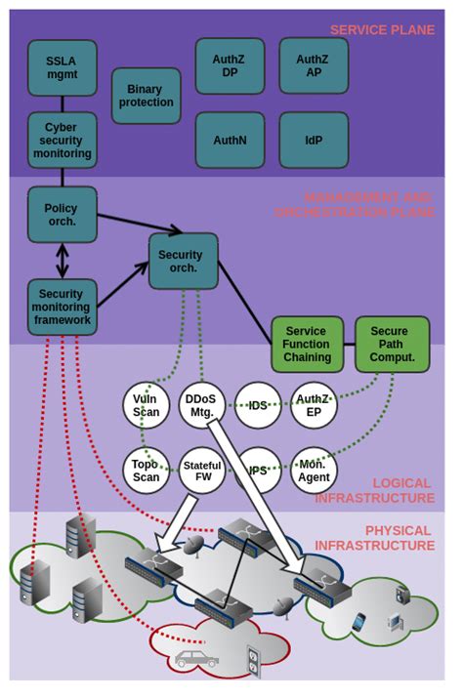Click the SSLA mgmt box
point(63,68)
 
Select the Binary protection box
point(147,95)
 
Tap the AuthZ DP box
point(230,65)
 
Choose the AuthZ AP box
point(313,65)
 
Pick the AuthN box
point(230,140)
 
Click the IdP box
point(313,140)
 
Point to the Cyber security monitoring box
point(63,141)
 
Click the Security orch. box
point(182,261)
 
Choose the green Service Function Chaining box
point(307,344)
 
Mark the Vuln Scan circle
point(147,405)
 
